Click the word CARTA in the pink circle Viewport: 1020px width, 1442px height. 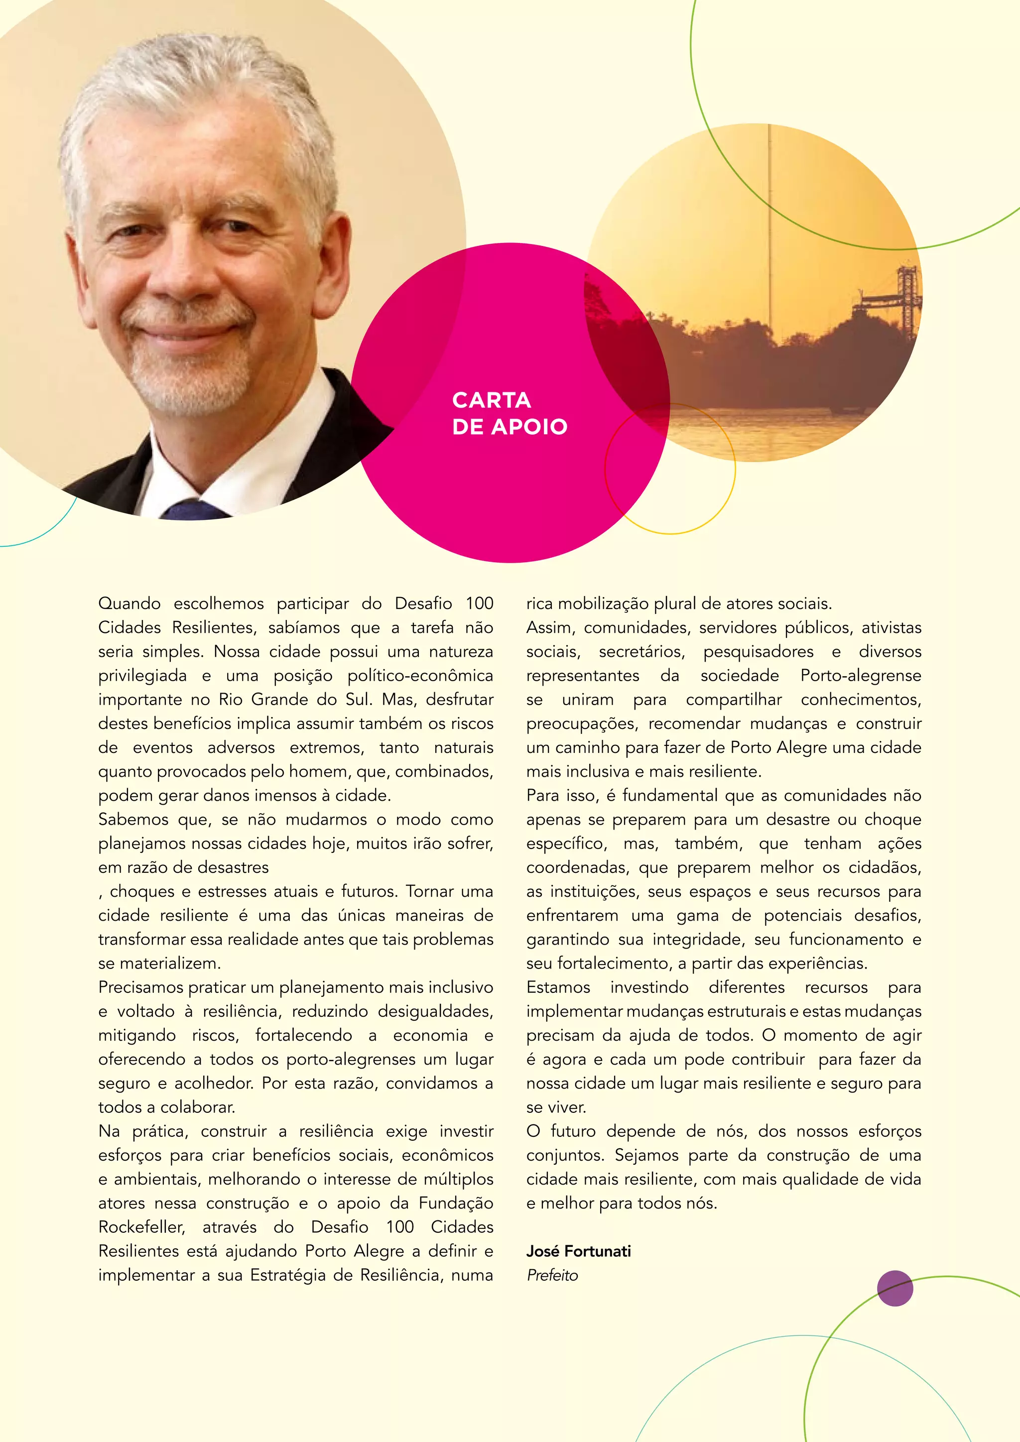(491, 400)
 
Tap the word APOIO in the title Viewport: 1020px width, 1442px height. (529, 427)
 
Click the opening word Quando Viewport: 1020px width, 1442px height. (129, 603)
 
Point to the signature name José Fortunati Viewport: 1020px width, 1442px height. (578, 1251)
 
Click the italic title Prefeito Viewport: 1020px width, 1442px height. (552, 1275)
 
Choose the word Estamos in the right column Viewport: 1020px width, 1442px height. (558, 987)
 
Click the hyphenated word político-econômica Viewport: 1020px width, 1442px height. (419, 676)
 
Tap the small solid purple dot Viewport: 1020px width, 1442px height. (894, 1288)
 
